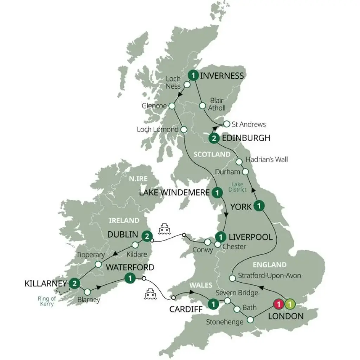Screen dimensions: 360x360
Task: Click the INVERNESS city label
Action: click(222, 76)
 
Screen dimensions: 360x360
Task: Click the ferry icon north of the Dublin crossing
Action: click(165, 229)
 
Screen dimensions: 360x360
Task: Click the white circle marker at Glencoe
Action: click(172, 106)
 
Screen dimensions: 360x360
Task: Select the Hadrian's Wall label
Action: click(267, 160)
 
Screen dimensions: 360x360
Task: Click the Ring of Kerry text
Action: click(46, 302)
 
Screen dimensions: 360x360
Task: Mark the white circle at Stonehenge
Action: click(250, 320)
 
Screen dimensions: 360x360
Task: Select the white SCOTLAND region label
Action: click(212, 155)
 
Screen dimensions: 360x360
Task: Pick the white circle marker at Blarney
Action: click(87, 292)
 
